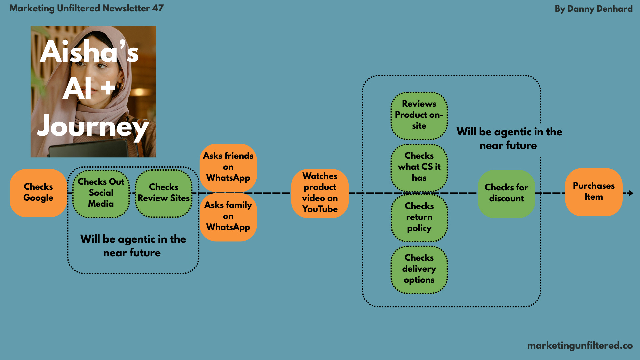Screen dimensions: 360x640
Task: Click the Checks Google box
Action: (x=38, y=193)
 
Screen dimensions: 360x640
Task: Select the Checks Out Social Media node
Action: (x=101, y=193)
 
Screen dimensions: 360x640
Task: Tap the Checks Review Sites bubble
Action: (x=164, y=193)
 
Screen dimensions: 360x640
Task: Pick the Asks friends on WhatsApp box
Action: (x=228, y=167)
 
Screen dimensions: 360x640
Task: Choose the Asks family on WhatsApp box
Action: (x=228, y=217)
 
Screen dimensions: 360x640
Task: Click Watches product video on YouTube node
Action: (x=320, y=193)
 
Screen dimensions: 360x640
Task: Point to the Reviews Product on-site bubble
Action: (x=419, y=115)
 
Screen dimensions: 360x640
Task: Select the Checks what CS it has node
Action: (x=419, y=167)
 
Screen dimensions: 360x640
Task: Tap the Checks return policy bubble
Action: (x=419, y=218)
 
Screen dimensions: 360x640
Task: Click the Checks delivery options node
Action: (x=419, y=269)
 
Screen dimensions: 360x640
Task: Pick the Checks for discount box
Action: (x=506, y=193)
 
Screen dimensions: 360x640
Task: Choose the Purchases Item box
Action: (x=594, y=192)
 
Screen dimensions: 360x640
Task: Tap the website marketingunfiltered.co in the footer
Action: (x=580, y=346)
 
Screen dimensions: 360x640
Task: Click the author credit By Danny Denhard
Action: (x=593, y=9)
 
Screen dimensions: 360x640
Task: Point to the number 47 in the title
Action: (x=158, y=8)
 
